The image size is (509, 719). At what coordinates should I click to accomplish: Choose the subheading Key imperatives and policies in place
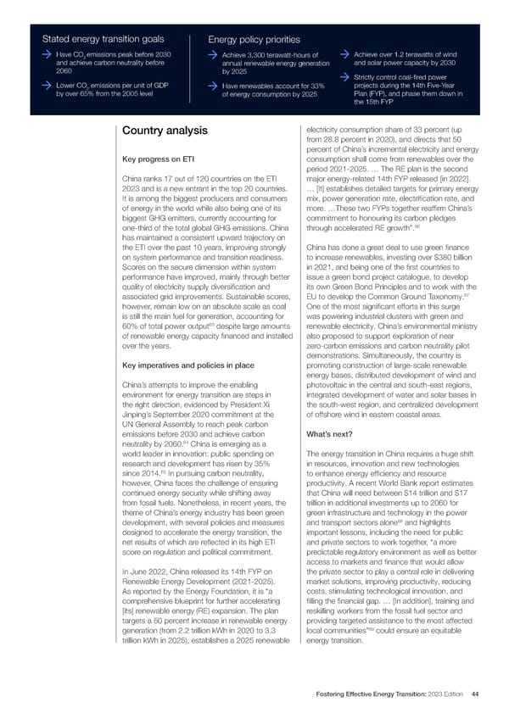[x=182, y=365]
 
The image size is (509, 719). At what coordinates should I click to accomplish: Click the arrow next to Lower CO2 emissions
[x=48, y=86]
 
